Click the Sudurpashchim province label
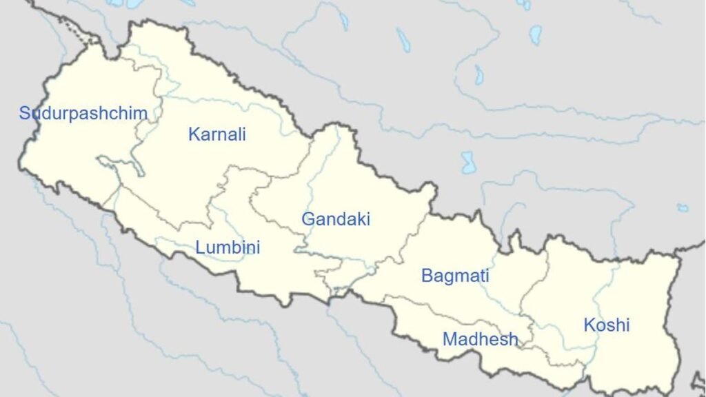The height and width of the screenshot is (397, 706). [x=83, y=114]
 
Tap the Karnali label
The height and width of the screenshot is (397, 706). [x=216, y=134]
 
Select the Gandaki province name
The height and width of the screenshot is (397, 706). [x=336, y=220]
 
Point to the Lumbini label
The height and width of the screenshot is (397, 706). [x=228, y=247]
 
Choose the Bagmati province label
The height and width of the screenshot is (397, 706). [x=455, y=276]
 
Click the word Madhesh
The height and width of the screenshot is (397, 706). [x=480, y=339]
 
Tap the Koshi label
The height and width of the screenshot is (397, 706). [x=606, y=325]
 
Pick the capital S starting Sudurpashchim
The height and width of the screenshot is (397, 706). [x=24, y=114]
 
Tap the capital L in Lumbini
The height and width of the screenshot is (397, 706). [x=200, y=247]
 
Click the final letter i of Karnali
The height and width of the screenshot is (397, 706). [x=243, y=134]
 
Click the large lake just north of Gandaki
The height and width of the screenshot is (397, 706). [x=469, y=163]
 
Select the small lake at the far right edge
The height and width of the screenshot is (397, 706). [x=682, y=207]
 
